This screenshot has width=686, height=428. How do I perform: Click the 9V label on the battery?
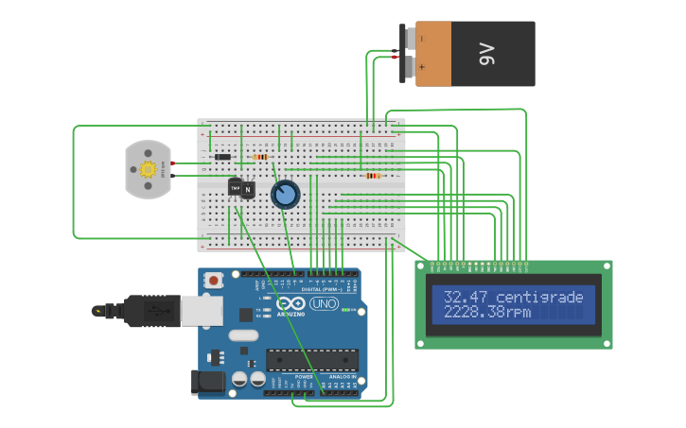[x=488, y=55]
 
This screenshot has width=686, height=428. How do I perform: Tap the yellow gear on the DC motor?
[x=148, y=170]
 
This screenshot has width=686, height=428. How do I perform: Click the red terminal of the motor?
[x=173, y=163]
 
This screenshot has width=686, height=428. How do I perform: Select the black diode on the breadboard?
[x=222, y=157]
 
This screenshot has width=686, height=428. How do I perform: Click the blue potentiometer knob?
[x=285, y=195]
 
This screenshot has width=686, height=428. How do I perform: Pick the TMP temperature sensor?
[x=234, y=186]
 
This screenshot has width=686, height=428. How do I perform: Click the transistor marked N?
[x=248, y=190]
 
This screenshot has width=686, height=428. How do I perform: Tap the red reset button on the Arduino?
[x=215, y=281]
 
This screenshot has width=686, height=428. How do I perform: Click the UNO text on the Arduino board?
[x=324, y=304]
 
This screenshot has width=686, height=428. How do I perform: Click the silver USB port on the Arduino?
[x=201, y=310]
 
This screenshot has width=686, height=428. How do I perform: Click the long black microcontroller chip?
[x=312, y=360]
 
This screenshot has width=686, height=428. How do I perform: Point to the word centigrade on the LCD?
[x=539, y=298]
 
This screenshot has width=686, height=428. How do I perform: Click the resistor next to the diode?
[x=261, y=157]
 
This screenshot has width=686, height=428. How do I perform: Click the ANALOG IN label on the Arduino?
[x=342, y=377]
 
